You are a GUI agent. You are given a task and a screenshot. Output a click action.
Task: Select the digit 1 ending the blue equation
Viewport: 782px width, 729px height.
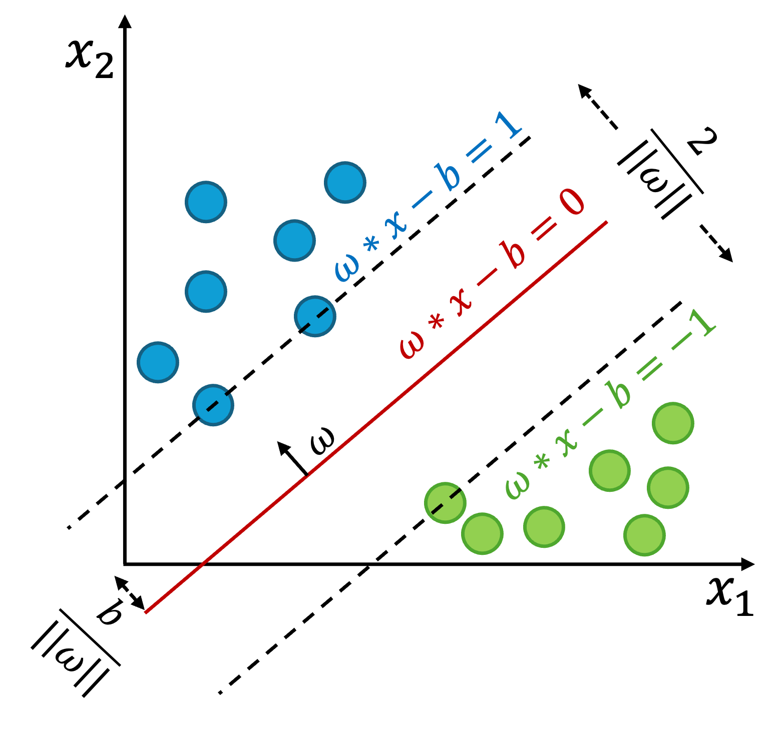508,125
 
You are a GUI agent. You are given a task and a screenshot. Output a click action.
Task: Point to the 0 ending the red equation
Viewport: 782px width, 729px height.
571,203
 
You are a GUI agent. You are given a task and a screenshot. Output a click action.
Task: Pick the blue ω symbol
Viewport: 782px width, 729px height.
346,268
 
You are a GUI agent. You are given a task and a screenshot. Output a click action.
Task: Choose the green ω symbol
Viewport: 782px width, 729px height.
517,485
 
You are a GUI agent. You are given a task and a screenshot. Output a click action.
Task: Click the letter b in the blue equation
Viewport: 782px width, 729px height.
447,176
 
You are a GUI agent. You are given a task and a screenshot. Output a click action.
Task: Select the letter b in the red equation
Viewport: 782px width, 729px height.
512,254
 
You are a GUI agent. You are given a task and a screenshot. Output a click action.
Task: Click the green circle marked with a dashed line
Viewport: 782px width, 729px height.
445,503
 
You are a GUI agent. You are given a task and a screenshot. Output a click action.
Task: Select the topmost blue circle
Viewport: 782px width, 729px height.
345,183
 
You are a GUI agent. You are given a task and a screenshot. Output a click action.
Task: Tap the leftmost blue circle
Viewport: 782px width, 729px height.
158,362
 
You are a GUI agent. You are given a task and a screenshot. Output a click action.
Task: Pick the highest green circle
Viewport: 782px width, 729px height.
673,423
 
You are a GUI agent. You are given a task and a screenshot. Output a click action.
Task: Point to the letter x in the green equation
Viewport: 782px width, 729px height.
568,443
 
